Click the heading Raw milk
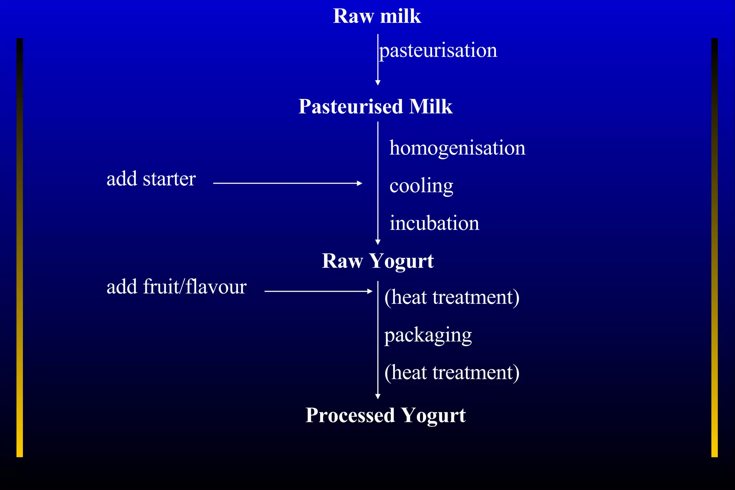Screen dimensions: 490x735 coord(377,17)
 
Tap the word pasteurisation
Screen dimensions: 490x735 coord(438,50)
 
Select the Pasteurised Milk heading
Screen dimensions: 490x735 coord(375,107)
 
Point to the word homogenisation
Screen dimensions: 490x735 coord(457,148)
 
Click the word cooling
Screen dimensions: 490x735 coord(421,186)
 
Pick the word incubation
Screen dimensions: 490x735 coord(434,223)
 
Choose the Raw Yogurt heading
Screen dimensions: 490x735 coord(378,261)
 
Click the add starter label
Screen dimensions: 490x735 coord(151,179)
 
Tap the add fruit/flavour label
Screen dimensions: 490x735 coord(177,287)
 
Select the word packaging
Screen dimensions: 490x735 coord(428,335)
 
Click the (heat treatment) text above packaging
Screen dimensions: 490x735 coord(452,297)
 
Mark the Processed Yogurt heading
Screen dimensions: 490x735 coord(385,415)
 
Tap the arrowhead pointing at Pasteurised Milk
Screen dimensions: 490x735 coord(378,83)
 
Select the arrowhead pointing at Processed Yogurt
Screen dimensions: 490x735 coord(378,396)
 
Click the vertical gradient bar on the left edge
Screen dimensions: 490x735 coord(20,248)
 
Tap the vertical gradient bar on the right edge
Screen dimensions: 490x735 coord(715,248)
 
